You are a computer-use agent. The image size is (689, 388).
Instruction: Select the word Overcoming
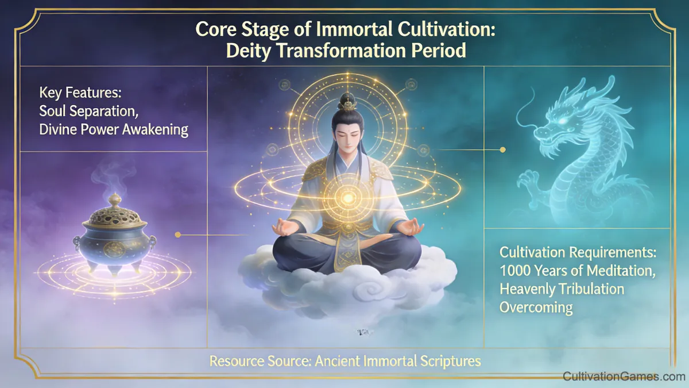(x=536, y=307)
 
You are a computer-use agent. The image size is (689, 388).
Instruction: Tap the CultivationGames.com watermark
(x=624, y=377)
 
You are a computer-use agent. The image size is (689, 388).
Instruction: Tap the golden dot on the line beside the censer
(x=177, y=235)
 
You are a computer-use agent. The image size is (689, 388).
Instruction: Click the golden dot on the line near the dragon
(x=503, y=150)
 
